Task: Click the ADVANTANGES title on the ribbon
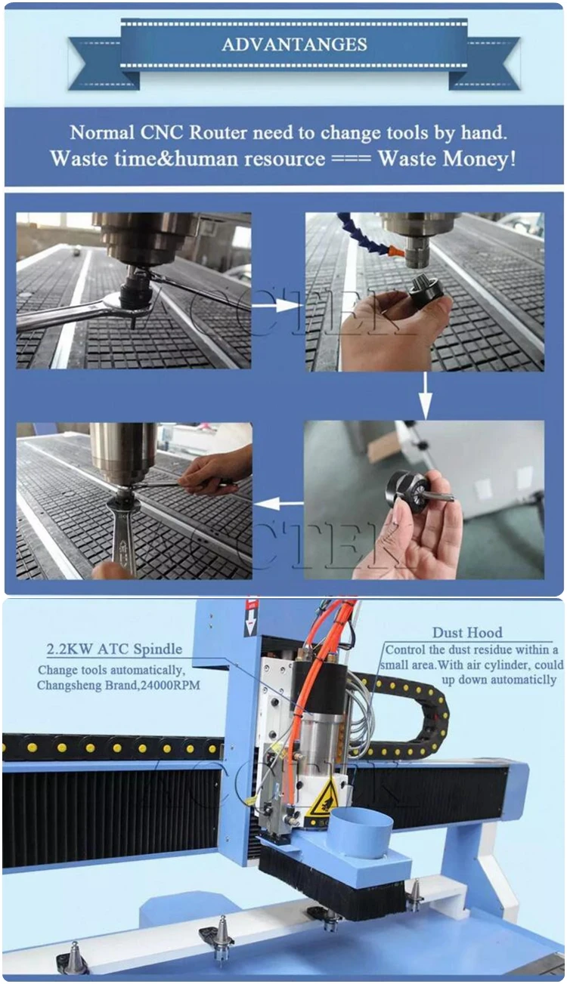[x=294, y=45]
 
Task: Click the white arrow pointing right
[x=277, y=305]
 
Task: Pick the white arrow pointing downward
[x=426, y=395]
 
